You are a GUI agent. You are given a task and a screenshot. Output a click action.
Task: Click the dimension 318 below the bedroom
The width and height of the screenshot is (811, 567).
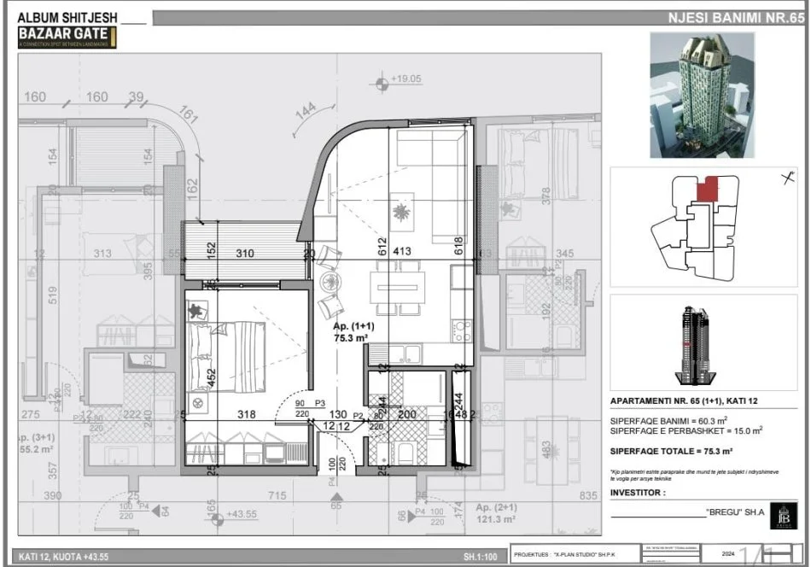point(246,415)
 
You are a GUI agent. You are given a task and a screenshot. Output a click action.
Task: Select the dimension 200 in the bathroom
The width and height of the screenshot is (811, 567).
point(407,415)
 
